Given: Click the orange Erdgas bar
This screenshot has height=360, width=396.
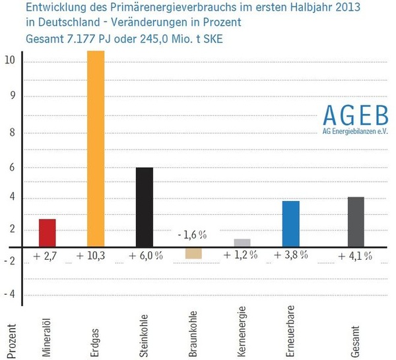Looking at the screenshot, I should coord(96,148).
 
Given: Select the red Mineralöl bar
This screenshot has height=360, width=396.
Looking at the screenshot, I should coord(47,233).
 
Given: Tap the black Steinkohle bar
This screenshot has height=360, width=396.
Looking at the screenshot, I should coord(145,207).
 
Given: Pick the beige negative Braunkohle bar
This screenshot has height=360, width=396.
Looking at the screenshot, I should coord(193,253).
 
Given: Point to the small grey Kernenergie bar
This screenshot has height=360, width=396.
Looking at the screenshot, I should coord(242,243).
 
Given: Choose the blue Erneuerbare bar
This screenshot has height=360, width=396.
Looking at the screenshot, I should coord(290,224).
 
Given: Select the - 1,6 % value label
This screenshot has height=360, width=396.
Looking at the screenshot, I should coord(192,235).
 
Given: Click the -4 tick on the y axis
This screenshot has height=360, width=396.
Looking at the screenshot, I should coord(10,295).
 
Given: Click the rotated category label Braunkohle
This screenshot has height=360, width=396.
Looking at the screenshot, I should coord(193,333).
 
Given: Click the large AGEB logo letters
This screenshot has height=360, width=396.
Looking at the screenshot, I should coord(355,115).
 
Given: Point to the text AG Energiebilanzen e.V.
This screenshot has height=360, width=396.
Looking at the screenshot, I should coord(355,133).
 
